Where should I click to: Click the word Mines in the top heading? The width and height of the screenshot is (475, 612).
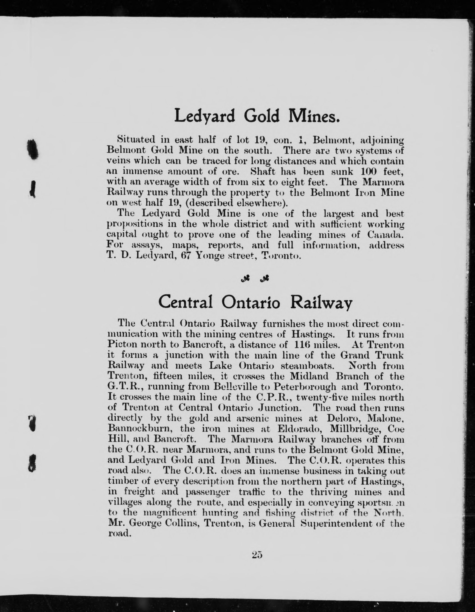point(312,116)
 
